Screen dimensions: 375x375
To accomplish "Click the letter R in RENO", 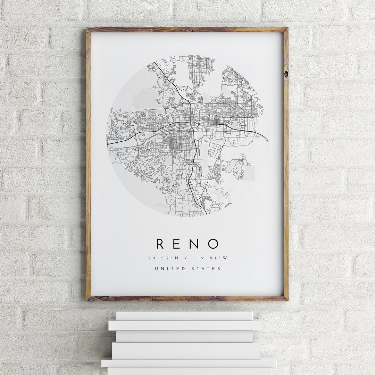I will [160, 244].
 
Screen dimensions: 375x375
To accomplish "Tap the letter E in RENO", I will [177, 244].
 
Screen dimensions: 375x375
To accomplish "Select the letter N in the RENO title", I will [195, 244].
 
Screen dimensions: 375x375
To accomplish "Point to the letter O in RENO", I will [214, 244].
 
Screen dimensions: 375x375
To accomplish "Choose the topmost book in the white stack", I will [184, 316].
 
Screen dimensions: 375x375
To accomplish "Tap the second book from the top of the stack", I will [185, 325].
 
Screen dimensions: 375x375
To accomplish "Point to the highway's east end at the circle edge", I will [267, 141].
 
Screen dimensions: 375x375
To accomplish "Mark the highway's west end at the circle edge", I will [108, 143].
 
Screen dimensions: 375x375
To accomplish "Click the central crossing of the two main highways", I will [191, 123].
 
